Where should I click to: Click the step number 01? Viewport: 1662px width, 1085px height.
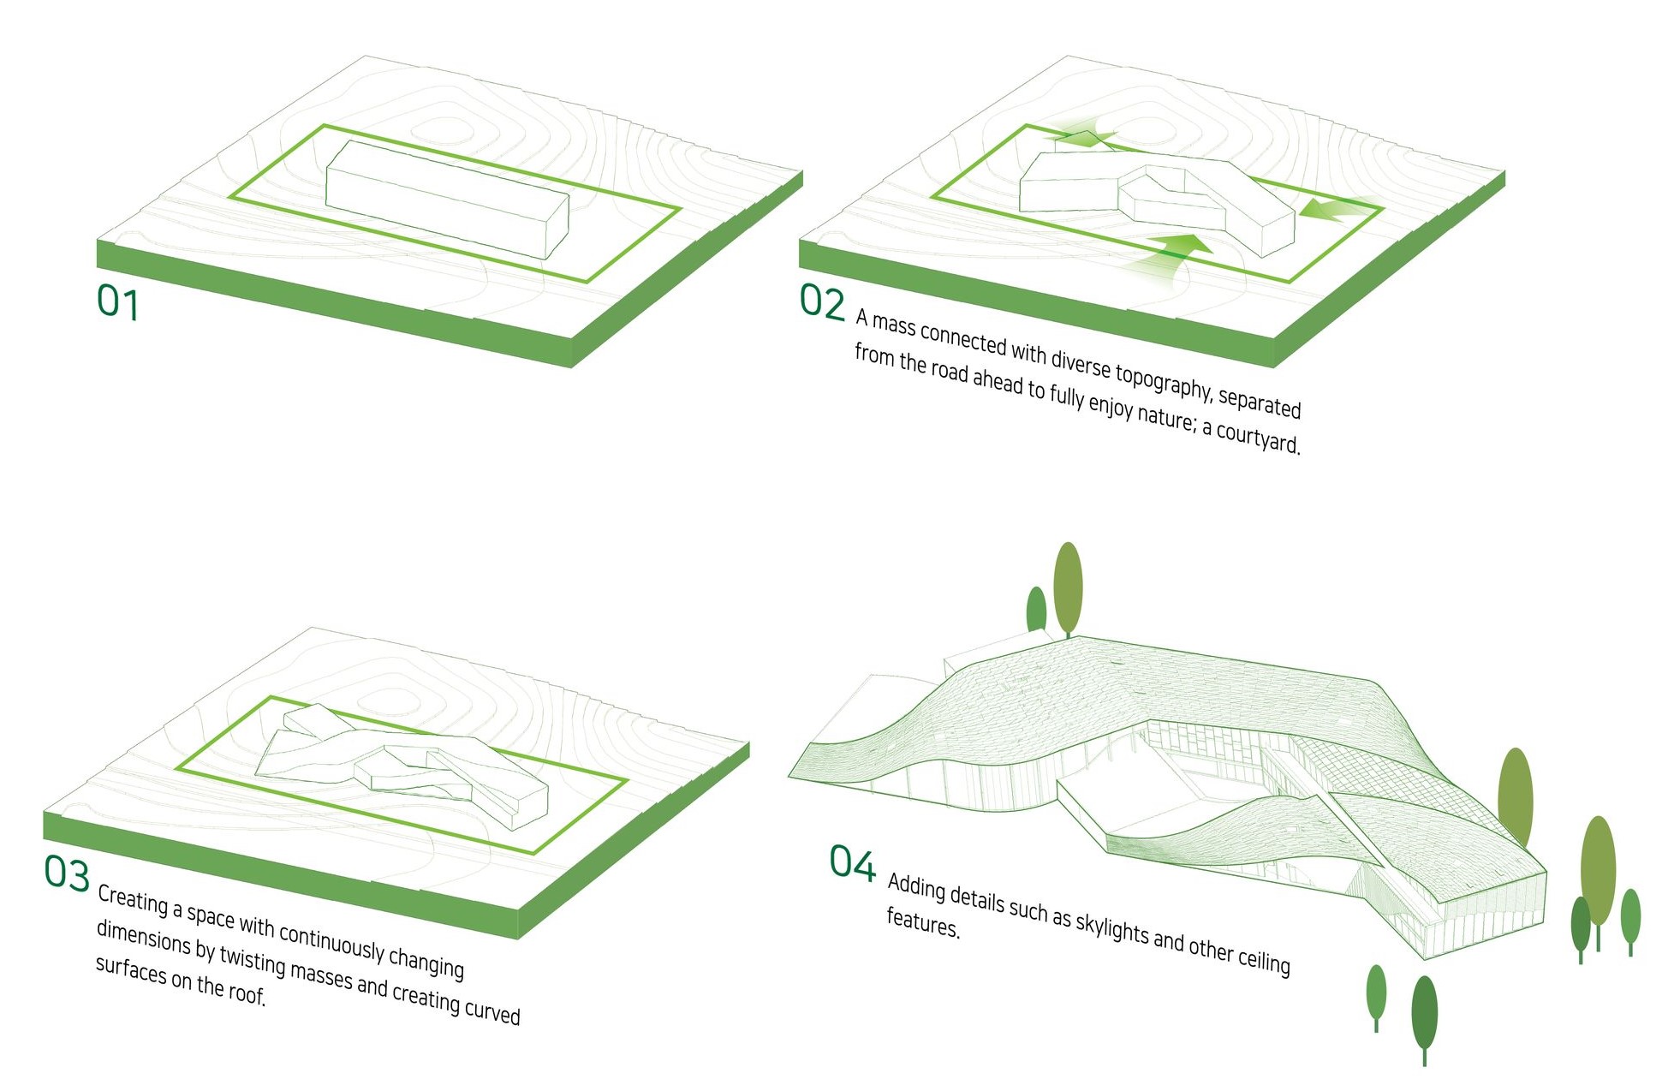pos(117,303)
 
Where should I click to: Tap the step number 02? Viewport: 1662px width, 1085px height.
pos(821,301)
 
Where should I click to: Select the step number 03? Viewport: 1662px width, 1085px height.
pos(67,873)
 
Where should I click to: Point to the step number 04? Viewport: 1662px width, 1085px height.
pos(852,862)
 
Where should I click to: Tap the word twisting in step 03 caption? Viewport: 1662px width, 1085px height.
pos(253,960)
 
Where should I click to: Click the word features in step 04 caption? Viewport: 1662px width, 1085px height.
pos(922,923)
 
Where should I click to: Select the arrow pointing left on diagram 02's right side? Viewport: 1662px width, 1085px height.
pos(1336,209)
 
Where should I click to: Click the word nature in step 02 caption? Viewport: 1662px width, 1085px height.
pos(1167,414)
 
